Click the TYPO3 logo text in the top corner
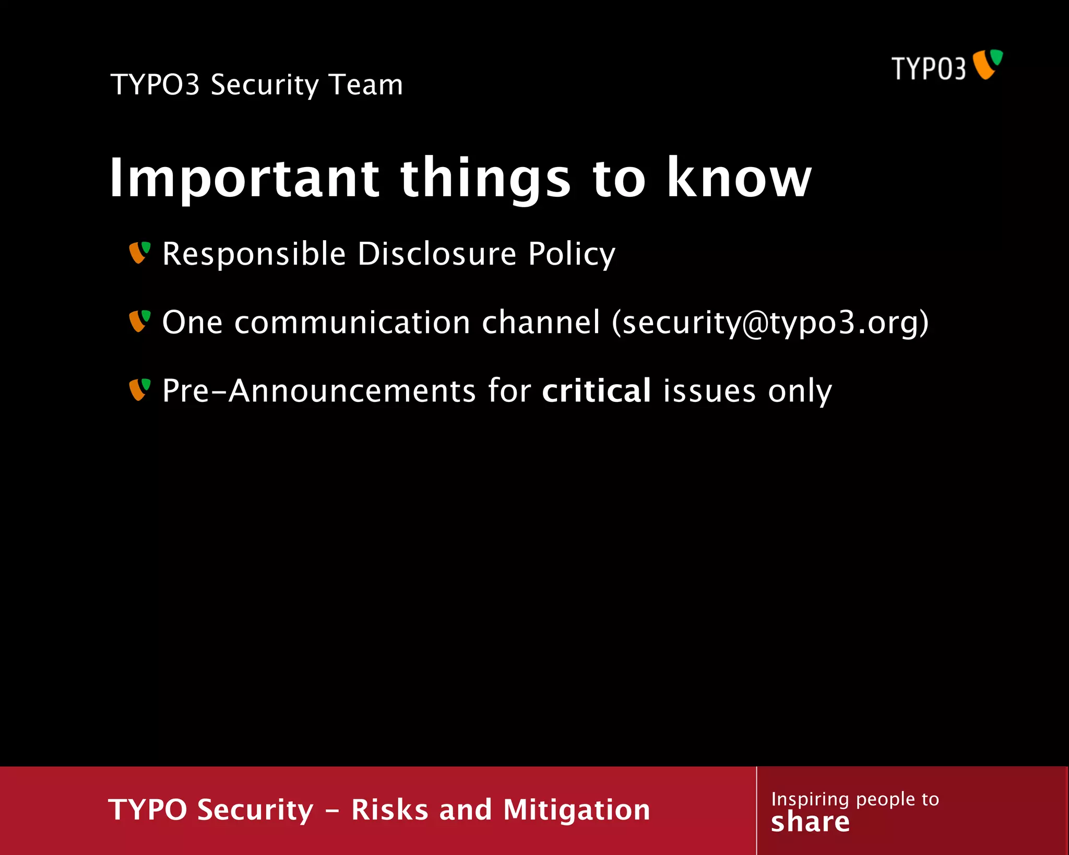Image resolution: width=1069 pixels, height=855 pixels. click(928, 69)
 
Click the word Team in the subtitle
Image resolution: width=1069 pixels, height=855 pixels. click(366, 85)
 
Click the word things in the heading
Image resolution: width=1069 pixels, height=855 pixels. click(485, 179)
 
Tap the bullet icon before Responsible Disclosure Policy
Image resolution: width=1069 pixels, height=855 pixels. click(139, 253)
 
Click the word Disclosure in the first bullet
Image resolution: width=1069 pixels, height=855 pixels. click(436, 254)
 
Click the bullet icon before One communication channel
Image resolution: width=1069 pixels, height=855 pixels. click(139, 321)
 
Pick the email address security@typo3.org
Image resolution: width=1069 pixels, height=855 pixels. click(770, 323)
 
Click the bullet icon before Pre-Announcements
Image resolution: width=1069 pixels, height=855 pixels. click(139, 389)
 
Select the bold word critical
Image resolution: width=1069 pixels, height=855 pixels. click(596, 390)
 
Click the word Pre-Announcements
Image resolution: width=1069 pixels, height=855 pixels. click(318, 391)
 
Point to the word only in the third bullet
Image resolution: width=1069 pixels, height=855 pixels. click(800, 391)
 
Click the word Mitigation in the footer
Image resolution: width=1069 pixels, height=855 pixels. click(576, 810)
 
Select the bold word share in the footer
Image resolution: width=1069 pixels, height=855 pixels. click(810, 822)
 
